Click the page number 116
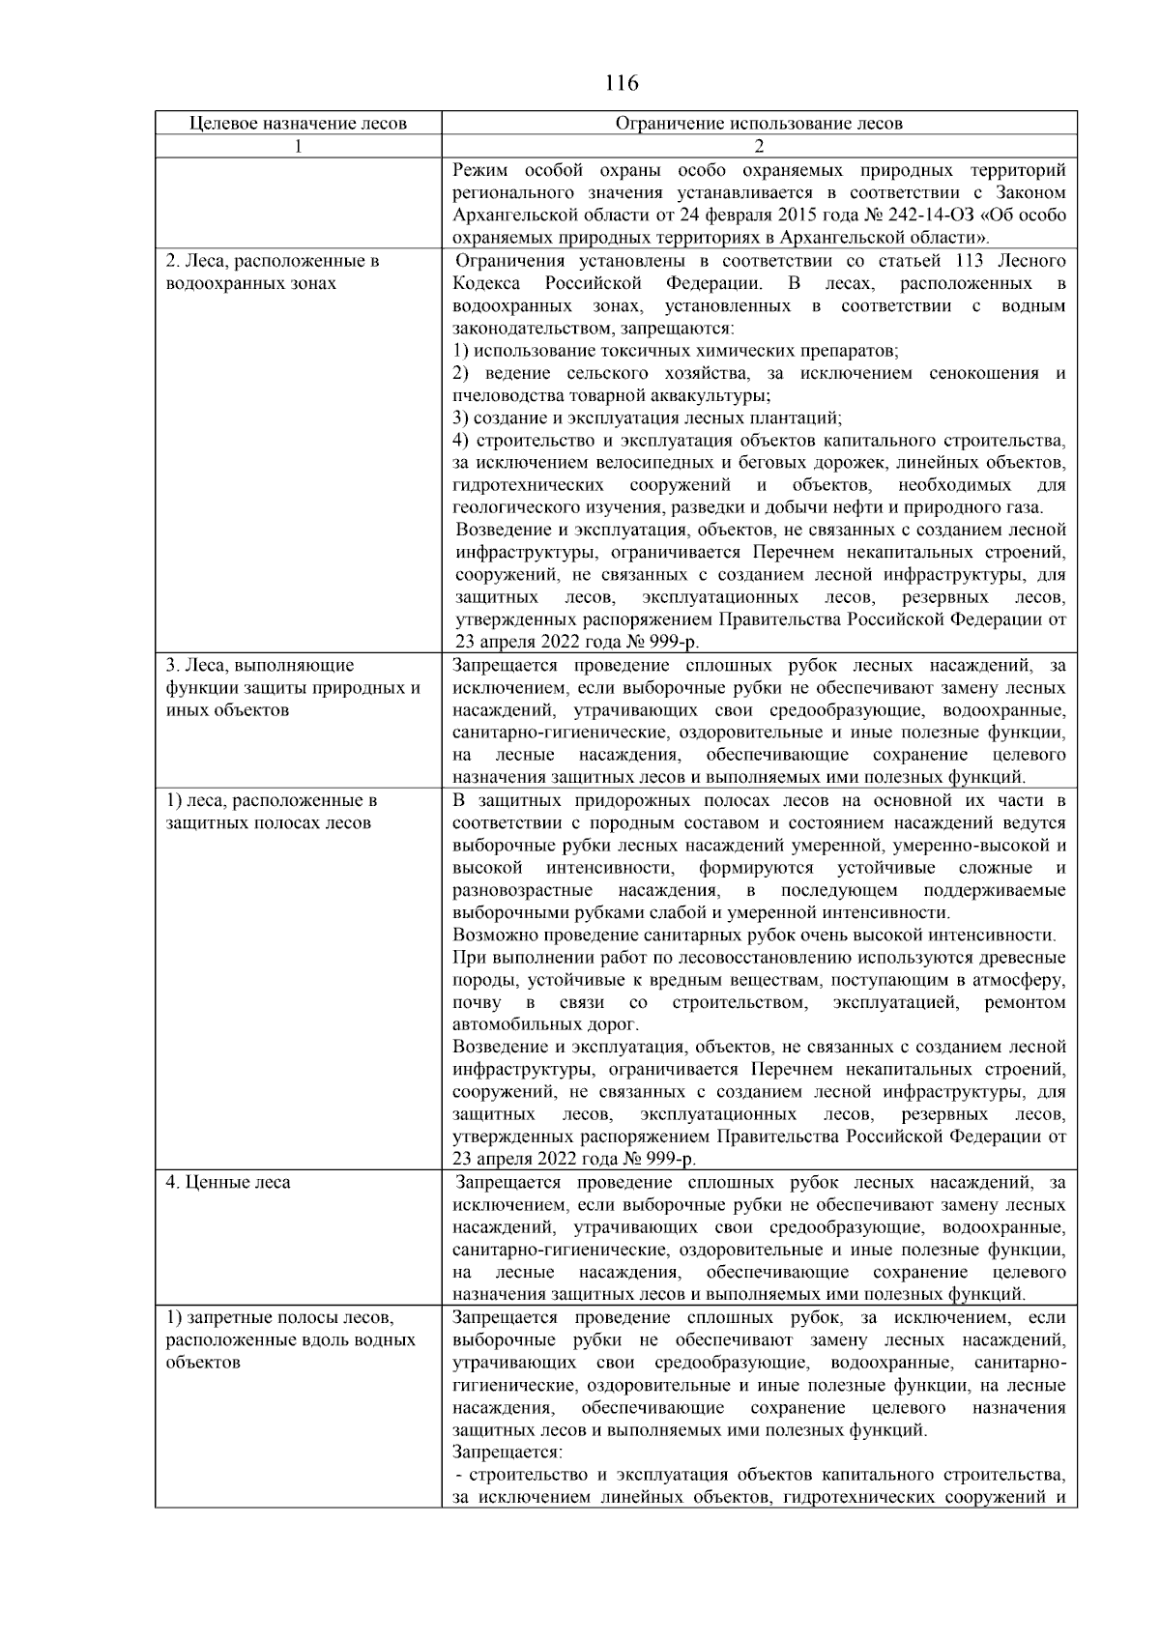click(x=622, y=83)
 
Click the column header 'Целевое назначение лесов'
click(x=298, y=124)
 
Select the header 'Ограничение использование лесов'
click(x=759, y=124)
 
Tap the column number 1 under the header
click(x=298, y=147)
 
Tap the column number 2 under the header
click(x=759, y=147)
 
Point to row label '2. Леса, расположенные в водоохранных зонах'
click(x=273, y=273)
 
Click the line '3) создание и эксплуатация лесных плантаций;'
click(x=648, y=418)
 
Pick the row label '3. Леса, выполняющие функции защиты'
click(x=293, y=687)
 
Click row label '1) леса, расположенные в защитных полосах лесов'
click(x=271, y=812)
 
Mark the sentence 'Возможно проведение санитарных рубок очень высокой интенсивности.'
click(x=754, y=935)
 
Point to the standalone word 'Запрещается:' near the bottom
click(x=507, y=1453)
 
